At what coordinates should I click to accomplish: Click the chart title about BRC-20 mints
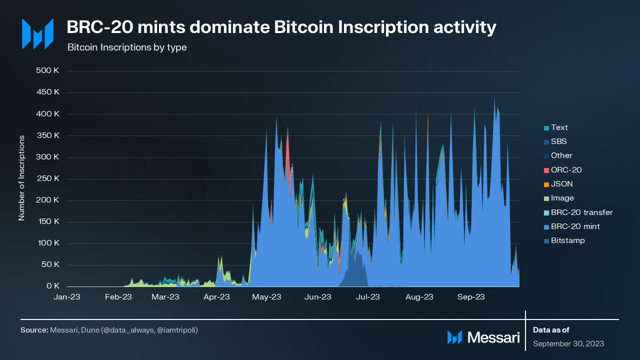pyautogui.click(x=281, y=28)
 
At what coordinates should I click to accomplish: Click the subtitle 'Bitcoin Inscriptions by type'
pyautogui.click(x=126, y=47)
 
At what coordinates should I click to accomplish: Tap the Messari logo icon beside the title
pyautogui.click(x=37, y=34)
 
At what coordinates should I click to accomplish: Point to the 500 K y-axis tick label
pyautogui.click(x=48, y=70)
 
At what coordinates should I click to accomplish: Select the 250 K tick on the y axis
pyautogui.click(x=48, y=178)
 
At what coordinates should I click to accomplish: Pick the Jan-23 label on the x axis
pyautogui.click(x=67, y=297)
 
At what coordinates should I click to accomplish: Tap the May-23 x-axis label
pyautogui.click(x=267, y=297)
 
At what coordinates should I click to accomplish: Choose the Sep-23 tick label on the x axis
pyautogui.click(x=470, y=297)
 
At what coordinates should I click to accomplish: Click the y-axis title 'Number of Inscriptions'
pyautogui.click(x=21, y=177)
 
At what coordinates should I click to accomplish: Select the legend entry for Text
pyautogui.click(x=559, y=127)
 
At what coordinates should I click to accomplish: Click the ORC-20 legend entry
pyautogui.click(x=566, y=170)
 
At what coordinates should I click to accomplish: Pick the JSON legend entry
pyautogui.click(x=561, y=184)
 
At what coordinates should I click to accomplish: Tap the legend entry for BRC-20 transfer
pyautogui.click(x=581, y=212)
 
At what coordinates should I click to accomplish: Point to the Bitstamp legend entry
pyautogui.click(x=567, y=240)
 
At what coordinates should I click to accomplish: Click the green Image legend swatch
pyautogui.click(x=546, y=198)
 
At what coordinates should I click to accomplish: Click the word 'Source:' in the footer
pyautogui.click(x=34, y=330)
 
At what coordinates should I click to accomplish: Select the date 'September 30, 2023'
pyautogui.click(x=568, y=343)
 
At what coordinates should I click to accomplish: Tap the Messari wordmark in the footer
pyautogui.click(x=493, y=337)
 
